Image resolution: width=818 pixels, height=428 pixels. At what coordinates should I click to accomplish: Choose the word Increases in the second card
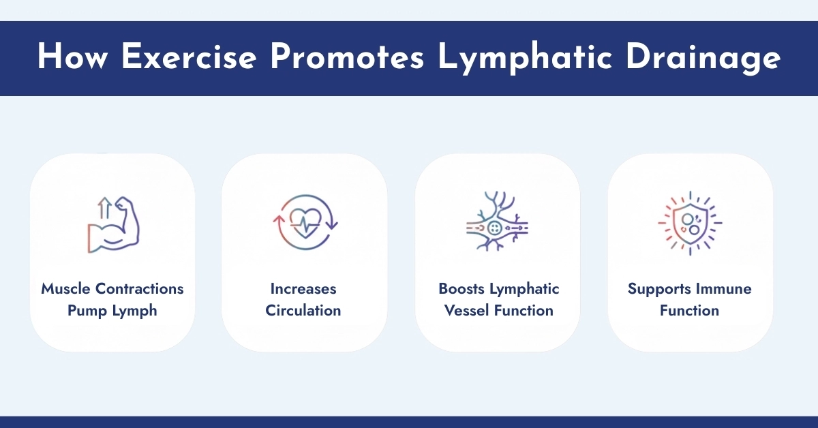pyautogui.click(x=303, y=289)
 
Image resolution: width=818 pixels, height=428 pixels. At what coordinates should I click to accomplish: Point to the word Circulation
pyautogui.click(x=303, y=311)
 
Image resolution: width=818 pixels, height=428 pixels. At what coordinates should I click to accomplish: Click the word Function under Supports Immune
pyautogui.click(x=690, y=311)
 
